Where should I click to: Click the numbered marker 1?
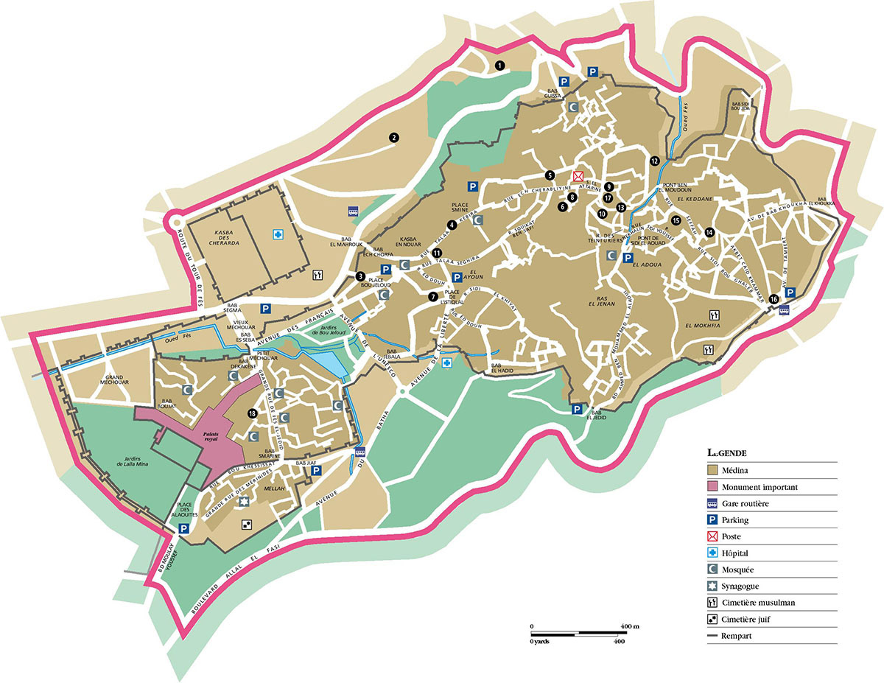click(499, 66)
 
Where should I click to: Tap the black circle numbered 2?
click(394, 137)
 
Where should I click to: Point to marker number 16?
click(773, 299)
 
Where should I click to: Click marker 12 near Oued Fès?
click(654, 160)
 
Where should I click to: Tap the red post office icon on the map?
click(578, 176)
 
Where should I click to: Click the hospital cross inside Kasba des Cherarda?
click(278, 234)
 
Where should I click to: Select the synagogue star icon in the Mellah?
click(245, 501)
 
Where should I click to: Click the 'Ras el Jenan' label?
click(603, 301)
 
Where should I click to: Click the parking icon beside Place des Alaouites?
click(183, 528)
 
